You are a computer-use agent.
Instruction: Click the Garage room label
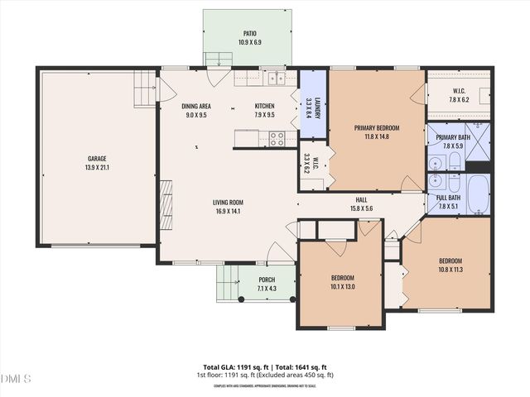tap(98, 159)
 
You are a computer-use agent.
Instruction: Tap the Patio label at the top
tap(249, 34)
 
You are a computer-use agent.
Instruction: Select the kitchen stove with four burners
tap(277, 139)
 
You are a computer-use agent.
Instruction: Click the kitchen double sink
tap(276, 79)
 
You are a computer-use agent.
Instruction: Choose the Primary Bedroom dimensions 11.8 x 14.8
tap(377, 137)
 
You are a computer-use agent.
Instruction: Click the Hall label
tap(361, 199)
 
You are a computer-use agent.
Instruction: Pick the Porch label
tap(267, 280)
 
